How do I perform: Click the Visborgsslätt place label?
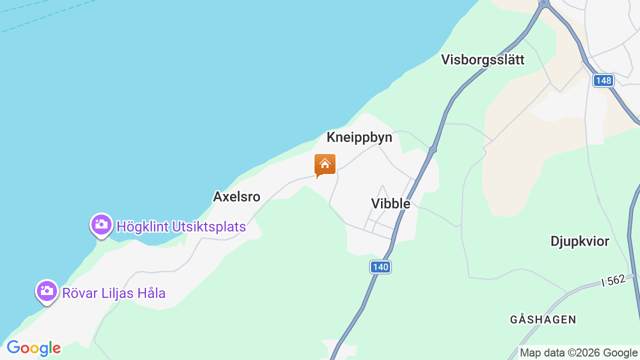(x=482, y=60)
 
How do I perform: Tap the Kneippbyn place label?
(x=359, y=137)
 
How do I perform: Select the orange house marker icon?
(x=325, y=164)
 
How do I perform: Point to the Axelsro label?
(x=236, y=196)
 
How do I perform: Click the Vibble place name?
(x=390, y=203)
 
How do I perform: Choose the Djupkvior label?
(x=579, y=241)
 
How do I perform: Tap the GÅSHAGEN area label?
(x=543, y=319)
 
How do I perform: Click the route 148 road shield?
(x=603, y=80)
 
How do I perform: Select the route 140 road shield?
(x=380, y=267)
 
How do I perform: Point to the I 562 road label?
(x=613, y=280)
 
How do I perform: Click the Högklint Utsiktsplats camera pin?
(x=101, y=224)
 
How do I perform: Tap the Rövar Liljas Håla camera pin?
(x=46, y=291)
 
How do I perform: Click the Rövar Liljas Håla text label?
(x=113, y=293)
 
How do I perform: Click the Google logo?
(x=33, y=348)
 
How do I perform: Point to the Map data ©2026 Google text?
(x=578, y=353)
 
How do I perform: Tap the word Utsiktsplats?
(x=209, y=227)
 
